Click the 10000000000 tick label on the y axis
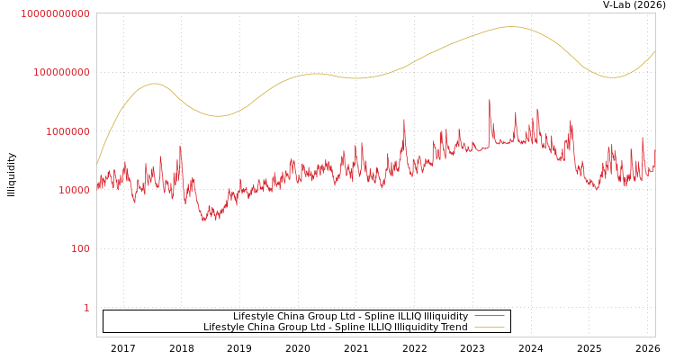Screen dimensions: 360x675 coord(55,13)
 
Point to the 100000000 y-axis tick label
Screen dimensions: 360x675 coord(60,72)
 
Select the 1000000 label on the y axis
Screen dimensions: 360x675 coord(67,131)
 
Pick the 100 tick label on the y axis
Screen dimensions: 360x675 coord(80,248)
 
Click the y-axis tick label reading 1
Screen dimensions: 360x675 coord(86,308)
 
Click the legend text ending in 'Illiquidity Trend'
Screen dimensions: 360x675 coord(335,328)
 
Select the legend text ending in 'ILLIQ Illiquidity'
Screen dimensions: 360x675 coord(350,317)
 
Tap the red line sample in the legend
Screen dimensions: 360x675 coord(490,317)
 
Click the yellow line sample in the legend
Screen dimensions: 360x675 coord(490,328)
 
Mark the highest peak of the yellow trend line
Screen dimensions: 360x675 coord(511,27)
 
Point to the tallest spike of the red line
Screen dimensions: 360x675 coord(490,100)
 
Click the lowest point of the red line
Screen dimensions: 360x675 coord(205,220)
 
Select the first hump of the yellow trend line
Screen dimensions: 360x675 coord(155,84)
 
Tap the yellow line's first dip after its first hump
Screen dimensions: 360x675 coord(219,116)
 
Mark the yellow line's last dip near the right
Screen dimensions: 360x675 coord(612,77)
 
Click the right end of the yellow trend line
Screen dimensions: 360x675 coord(654,51)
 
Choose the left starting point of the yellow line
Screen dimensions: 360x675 coord(97,164)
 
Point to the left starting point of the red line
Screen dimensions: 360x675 coord(97,186)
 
